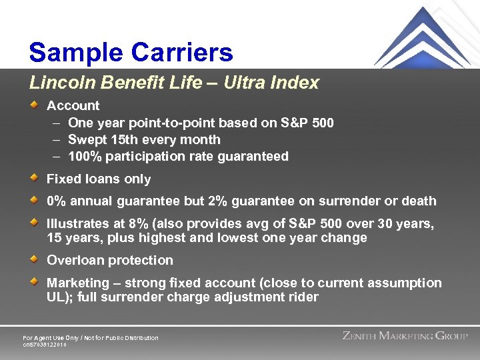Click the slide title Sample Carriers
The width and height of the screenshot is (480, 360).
(131, 52)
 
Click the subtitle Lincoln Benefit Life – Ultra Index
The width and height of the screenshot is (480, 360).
(174, 83)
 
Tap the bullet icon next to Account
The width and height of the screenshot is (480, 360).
(35, 105)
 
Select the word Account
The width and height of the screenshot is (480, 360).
(73, 105)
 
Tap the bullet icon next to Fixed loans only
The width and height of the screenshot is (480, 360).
(35, 178)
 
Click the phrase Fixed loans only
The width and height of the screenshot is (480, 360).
(99, 179)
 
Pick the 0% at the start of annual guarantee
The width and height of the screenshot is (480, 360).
(56, 201)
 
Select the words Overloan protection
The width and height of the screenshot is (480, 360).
(109, 260)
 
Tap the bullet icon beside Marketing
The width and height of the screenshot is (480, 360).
(35, 282)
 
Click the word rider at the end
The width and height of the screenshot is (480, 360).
(301, 297)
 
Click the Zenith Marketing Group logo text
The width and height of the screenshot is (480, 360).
(405, 336)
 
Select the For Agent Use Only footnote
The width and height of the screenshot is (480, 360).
(91, 338)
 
